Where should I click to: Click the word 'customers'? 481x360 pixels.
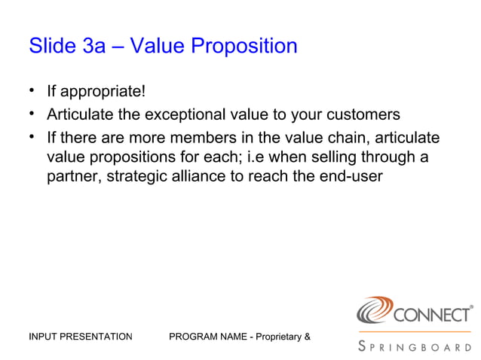(367, 115)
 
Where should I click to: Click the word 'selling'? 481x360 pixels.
(333, 157)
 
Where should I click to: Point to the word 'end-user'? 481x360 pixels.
(354, 177)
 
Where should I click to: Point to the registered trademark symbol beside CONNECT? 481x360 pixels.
(472, 307)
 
